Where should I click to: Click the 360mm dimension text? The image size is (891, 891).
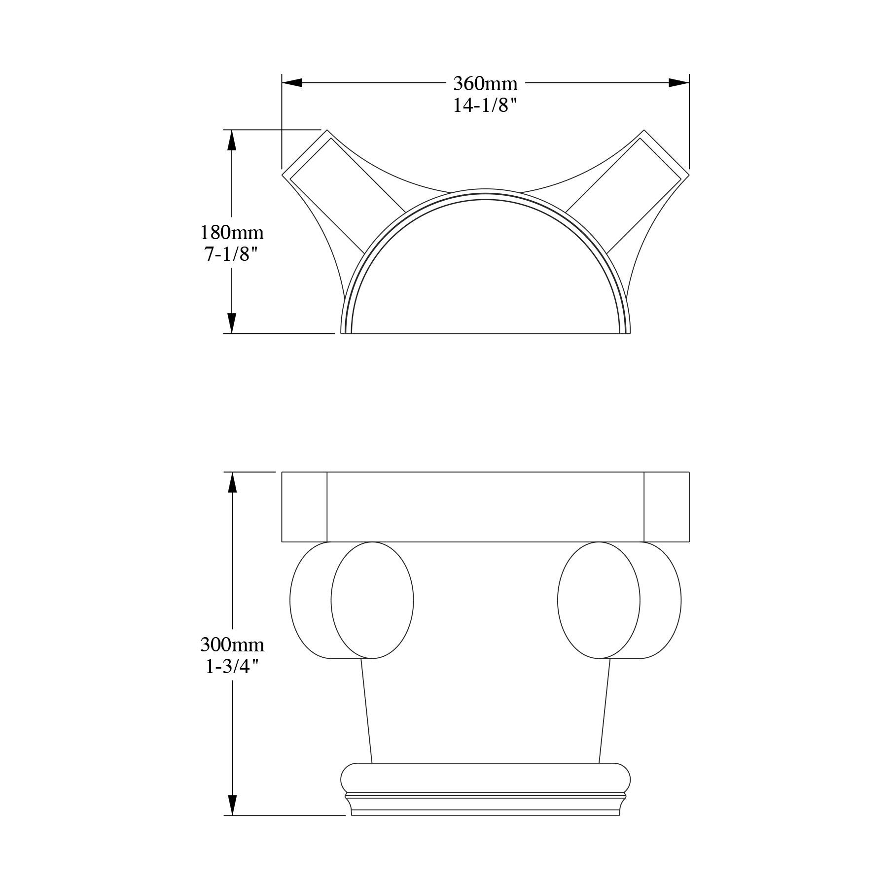pyautogui.click(x=485, y=84)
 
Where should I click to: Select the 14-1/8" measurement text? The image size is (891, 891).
pyautogui.click(x=485, y=106)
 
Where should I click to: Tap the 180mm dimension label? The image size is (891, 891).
pyautogui.click(x=232, y=232)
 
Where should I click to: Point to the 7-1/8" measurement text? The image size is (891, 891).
pyautogui.click(x=231, y=254)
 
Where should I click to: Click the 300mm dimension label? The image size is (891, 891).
pyautogui.click(x=232, y=644)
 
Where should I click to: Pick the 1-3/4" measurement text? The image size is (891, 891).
pyautogui.click(x=232, y=667)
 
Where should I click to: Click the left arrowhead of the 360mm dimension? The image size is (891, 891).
pyautogui.click(x=292, y=83)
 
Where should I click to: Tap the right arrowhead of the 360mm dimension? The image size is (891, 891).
pyautogui.click(x=678, y=83)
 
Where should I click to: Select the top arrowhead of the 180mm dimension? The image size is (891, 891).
pyautogui.click(x=232, y=140)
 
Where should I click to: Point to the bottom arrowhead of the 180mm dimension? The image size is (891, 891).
pyautogui.click(x=232, y=323)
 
